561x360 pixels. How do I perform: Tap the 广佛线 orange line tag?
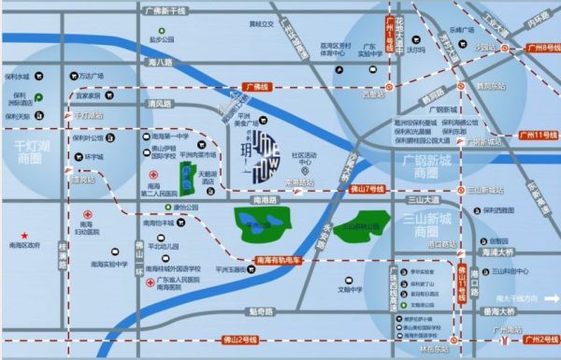(255, 87)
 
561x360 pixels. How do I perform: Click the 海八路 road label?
(161, 62)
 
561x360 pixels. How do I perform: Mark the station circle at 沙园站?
(503, 47)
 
